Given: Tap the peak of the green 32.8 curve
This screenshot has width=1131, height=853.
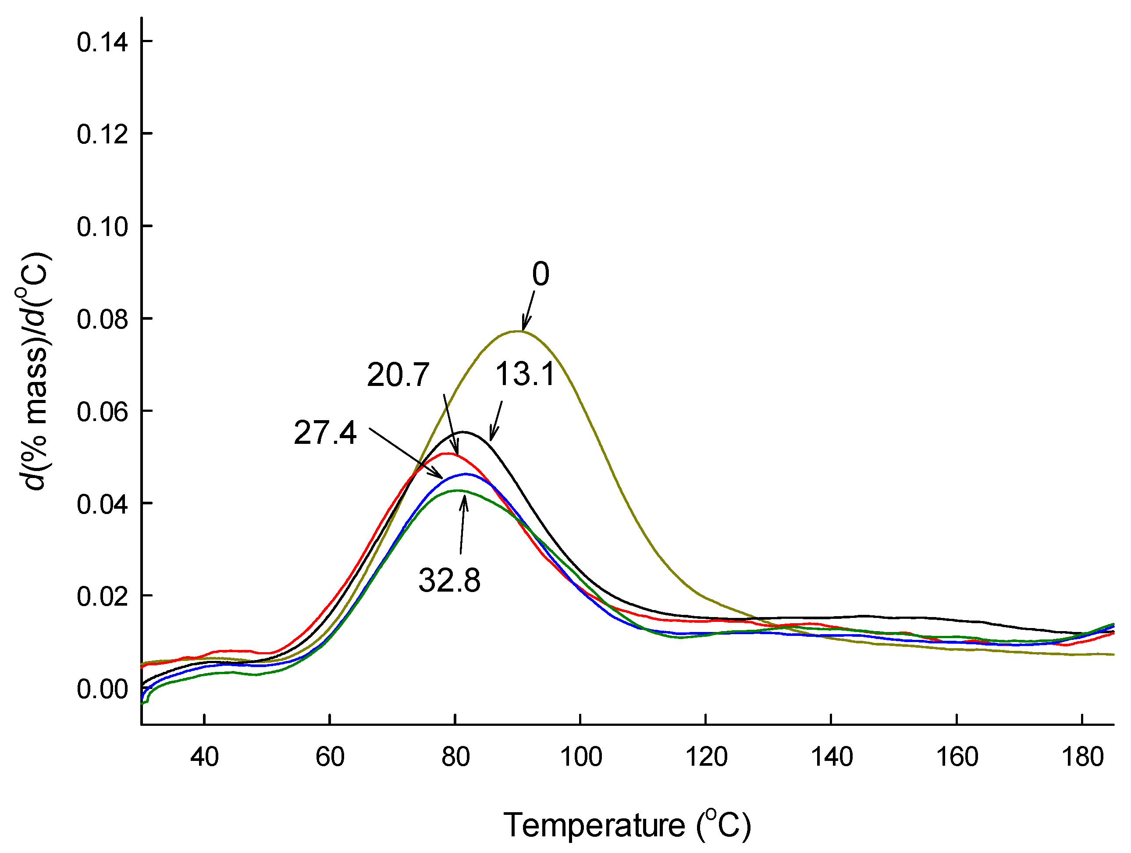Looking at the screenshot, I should [458, 490].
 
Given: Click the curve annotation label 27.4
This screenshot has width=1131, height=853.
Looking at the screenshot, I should [325, 432].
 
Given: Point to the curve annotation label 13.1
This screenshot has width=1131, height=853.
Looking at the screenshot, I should [525, 374].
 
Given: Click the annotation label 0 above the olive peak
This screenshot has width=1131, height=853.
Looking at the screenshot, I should [541, 274].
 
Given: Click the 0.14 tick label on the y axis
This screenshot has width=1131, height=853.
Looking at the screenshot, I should [102, 42].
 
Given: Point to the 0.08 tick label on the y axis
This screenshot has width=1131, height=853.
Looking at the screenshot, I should [102, 320].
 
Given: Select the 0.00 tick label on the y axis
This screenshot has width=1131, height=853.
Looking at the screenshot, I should [102, 689].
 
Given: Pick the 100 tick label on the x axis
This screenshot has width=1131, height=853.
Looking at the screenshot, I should [580, 757].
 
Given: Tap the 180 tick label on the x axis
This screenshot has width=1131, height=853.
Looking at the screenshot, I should [1082, 757].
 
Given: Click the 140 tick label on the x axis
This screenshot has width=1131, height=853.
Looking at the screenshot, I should [832, 757].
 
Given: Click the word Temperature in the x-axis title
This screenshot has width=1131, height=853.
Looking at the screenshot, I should [594, 825].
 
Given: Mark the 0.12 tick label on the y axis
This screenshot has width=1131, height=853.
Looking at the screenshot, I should [102, 135].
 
